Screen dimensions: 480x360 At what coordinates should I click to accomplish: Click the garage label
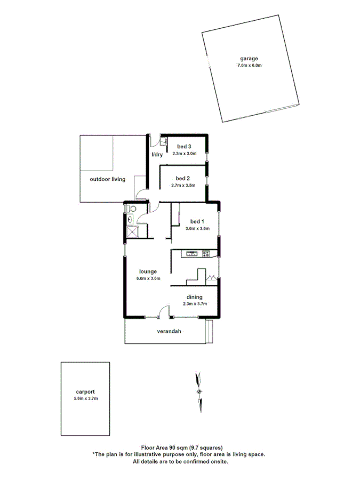tap(250, 59)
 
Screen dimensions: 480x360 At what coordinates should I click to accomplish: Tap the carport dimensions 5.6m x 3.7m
tap(85, 398)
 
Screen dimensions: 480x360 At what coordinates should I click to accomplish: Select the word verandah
tap(169, 331)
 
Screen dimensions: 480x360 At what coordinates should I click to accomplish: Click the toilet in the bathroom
tap(132, 209)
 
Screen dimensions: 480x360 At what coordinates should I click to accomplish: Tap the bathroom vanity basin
tap(129, 219)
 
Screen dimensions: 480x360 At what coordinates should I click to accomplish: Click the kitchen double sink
tap(191, 253)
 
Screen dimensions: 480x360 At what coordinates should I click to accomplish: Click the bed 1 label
tap(197, 221)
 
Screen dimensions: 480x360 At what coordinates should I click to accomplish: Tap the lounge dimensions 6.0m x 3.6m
tap(148, 278)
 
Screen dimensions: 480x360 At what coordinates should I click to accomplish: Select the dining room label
tap(194, 297)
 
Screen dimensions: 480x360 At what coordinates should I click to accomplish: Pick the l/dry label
tap(157, 155)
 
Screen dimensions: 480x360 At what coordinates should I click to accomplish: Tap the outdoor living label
tap(107, 179)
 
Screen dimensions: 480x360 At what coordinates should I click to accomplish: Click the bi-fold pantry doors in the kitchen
tap(212, 278)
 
